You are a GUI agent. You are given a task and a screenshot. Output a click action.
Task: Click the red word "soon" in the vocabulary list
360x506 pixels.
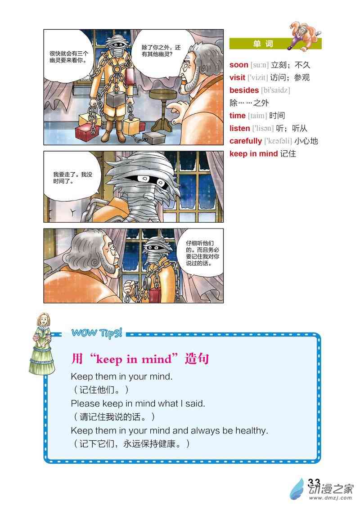[x=238, y=65]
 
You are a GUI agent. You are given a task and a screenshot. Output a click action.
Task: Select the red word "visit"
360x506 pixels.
[x=237, y=77]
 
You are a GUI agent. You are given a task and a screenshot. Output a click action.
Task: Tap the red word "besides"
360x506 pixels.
[x=244, y=90]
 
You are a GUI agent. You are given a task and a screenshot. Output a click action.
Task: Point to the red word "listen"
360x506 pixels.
[x=239, y=128]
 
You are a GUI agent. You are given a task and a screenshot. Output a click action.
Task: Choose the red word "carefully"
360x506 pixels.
[x=246, y=141]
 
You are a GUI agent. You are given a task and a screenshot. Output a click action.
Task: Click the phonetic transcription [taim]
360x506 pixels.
[x=257, y=116]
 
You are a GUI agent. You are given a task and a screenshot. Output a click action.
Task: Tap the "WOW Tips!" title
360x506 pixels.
[x=97, y=333]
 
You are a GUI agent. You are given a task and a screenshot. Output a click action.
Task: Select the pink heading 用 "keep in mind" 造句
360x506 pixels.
[x=140, y=359]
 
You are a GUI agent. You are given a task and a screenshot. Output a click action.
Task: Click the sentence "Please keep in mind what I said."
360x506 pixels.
[x=138, y=403]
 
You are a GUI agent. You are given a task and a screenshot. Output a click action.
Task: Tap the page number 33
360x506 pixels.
[x=314, y=483]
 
